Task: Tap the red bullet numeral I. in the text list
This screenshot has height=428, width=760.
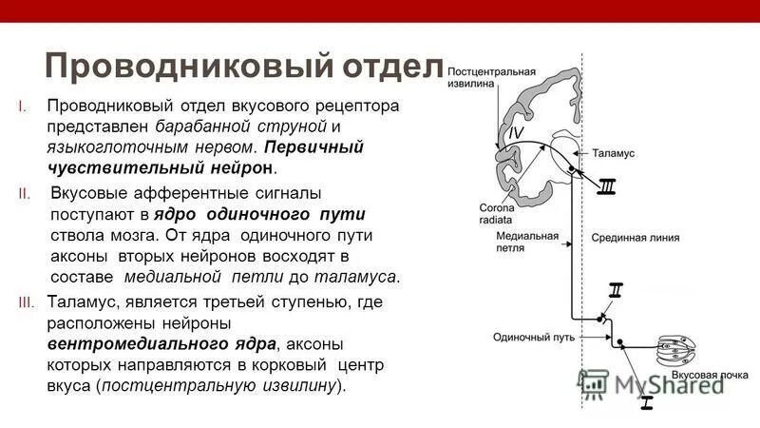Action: tap(35, 105)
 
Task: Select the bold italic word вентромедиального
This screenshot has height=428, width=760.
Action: tap(162, 343)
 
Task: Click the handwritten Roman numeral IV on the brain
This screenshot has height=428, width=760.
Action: tap(515, 133)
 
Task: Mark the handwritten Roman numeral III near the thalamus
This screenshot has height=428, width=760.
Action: tap(606, 187)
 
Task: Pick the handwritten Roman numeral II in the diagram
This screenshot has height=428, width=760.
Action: tap(616, 290)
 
